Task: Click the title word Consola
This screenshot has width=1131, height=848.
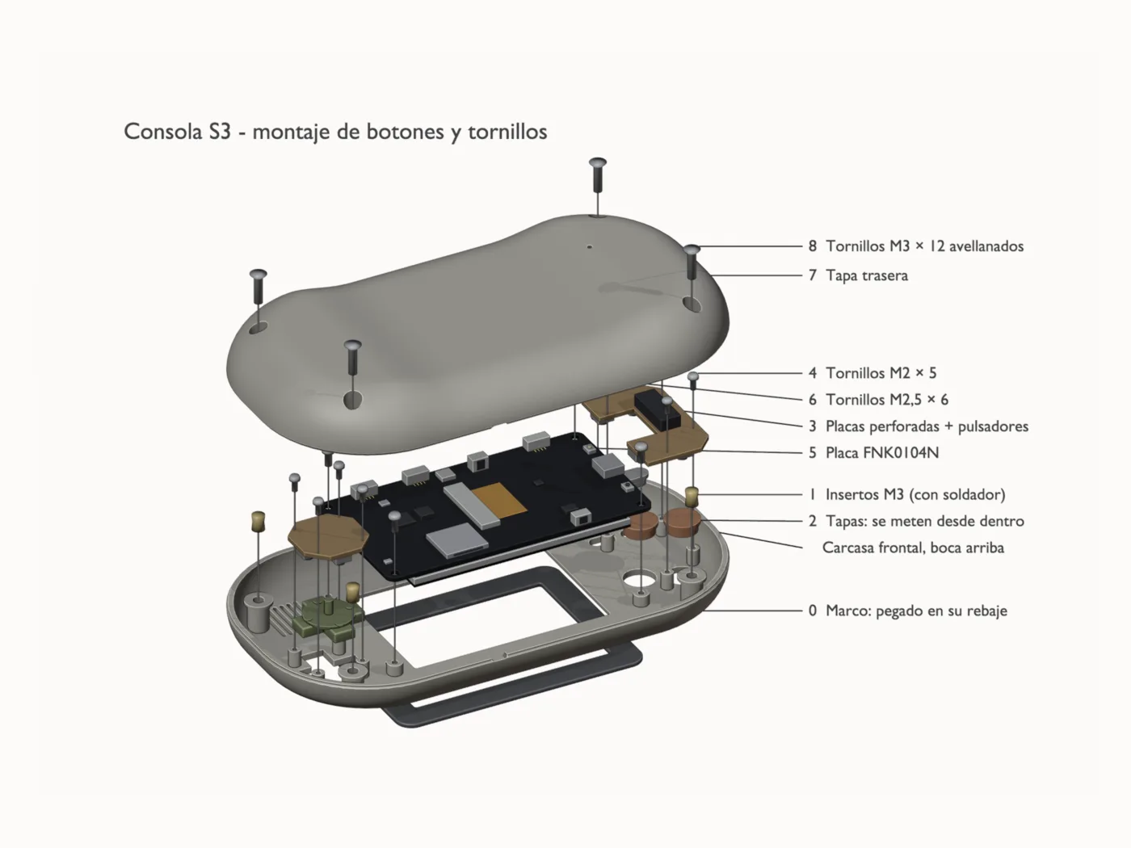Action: click(x=163, y=132)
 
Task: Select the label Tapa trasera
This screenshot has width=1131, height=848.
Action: click(x=867, y=275)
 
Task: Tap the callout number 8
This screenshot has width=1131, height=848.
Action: click(x=813, y=246)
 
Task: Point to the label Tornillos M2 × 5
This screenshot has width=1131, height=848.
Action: click(x=881, y=373)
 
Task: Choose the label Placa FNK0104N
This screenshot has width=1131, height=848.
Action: click(x=882, y=452)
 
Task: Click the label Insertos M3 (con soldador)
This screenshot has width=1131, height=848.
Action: click(x=915, y=494)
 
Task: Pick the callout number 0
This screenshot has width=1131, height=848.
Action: click(x=813, y=611)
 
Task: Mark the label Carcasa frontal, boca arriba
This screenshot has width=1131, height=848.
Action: click(x=913, y=548)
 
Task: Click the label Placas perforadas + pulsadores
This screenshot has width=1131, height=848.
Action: click(x=927, y=426)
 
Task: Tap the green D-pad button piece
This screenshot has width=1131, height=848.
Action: click(x=328, y=619)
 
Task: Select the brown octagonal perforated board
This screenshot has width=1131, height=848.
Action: click(x=328, y=538)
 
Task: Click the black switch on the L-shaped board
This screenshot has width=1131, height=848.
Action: click(x=657, y=411)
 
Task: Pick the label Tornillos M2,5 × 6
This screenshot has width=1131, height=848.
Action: click(x=887, y=400)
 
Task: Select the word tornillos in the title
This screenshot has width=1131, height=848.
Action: click(x=507, y=132)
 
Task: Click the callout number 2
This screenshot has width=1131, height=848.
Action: click(x=813, y=521)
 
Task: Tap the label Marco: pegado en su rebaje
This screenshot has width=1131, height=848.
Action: click(x=916, y=611)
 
